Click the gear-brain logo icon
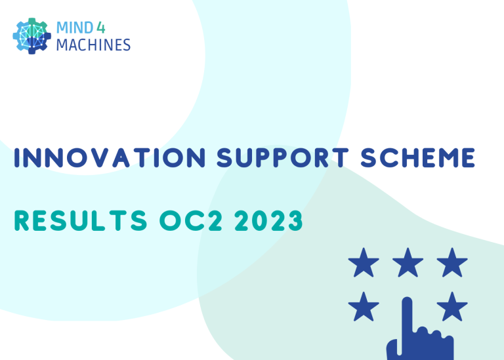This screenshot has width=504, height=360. [31, 36]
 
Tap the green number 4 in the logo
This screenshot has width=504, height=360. [100, 28]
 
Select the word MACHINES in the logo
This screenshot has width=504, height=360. [93, 45]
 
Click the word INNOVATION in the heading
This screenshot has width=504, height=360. [110, 157]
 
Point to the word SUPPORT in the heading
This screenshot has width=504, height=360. [283, 157]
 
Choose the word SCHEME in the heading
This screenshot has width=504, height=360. [417, 157]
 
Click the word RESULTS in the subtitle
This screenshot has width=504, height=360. [81, 220]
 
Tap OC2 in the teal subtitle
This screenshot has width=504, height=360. [191, 220]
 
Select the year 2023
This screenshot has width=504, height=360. [268, 220]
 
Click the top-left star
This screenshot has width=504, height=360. [364, 263]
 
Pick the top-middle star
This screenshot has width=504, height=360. [408, 263]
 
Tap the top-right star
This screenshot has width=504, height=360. [452, 263]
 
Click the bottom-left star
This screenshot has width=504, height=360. [364, 307]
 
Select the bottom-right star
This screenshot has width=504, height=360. [452, 307]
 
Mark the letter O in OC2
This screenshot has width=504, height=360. [170, 220]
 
